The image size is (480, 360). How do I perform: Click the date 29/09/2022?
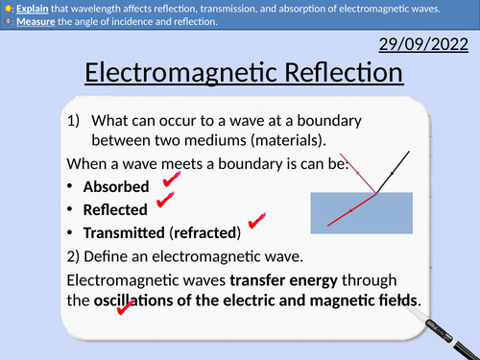click(x=423, y=45)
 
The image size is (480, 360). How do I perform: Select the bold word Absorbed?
click(x=116, y=186)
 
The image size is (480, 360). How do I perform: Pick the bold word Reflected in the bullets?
click(x=115, y=209)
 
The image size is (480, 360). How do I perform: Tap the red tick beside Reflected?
click(x=165, y=201)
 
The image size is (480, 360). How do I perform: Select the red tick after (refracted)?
click(x=255, y=222)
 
